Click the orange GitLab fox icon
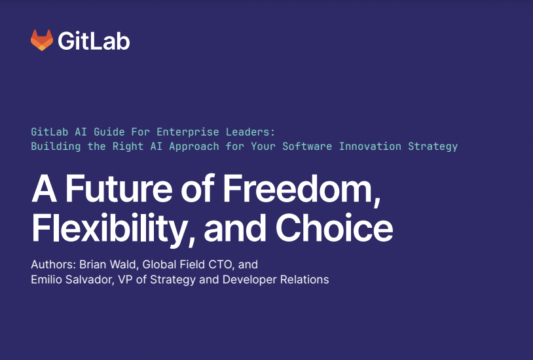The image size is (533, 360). pyautogui.click(x=42, y=40)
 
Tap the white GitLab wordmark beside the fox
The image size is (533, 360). pyautogui.click(x=94, y=41)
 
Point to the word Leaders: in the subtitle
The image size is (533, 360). pyautogui.click(x=251, y=132)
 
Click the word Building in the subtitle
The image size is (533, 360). pyautogui.click(x=56, y=147)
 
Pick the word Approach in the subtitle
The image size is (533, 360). pyautogui.click(x=194, y=147)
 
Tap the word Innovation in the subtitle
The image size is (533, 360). pyautogui.click(x=370, y=146)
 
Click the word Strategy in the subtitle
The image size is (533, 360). pyautogui.click(x=433, y=147)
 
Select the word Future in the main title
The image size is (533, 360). pyautogui.click(x=119, y=189)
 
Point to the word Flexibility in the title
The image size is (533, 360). pyautogui.click(x=109, y=228)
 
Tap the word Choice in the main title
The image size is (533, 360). pyautogui.click(x=334, y=227)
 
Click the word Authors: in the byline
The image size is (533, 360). pyautogui.click(x=54, y=264)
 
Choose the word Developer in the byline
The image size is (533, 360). pyautogui.click(x=250, y=279)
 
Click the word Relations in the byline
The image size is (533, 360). pyautogui.click(x=304, y=279)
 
